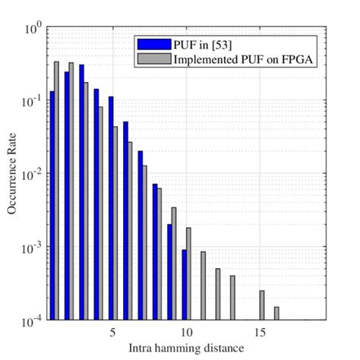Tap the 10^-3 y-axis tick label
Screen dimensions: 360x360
(x=31, y=248)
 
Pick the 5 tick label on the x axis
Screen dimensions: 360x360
(x=112, y=332)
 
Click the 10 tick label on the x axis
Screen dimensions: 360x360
(x=186, y=332)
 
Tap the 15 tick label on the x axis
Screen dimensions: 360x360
(x=260, y=332)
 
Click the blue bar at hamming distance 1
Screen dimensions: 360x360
(x=52, y=205)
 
